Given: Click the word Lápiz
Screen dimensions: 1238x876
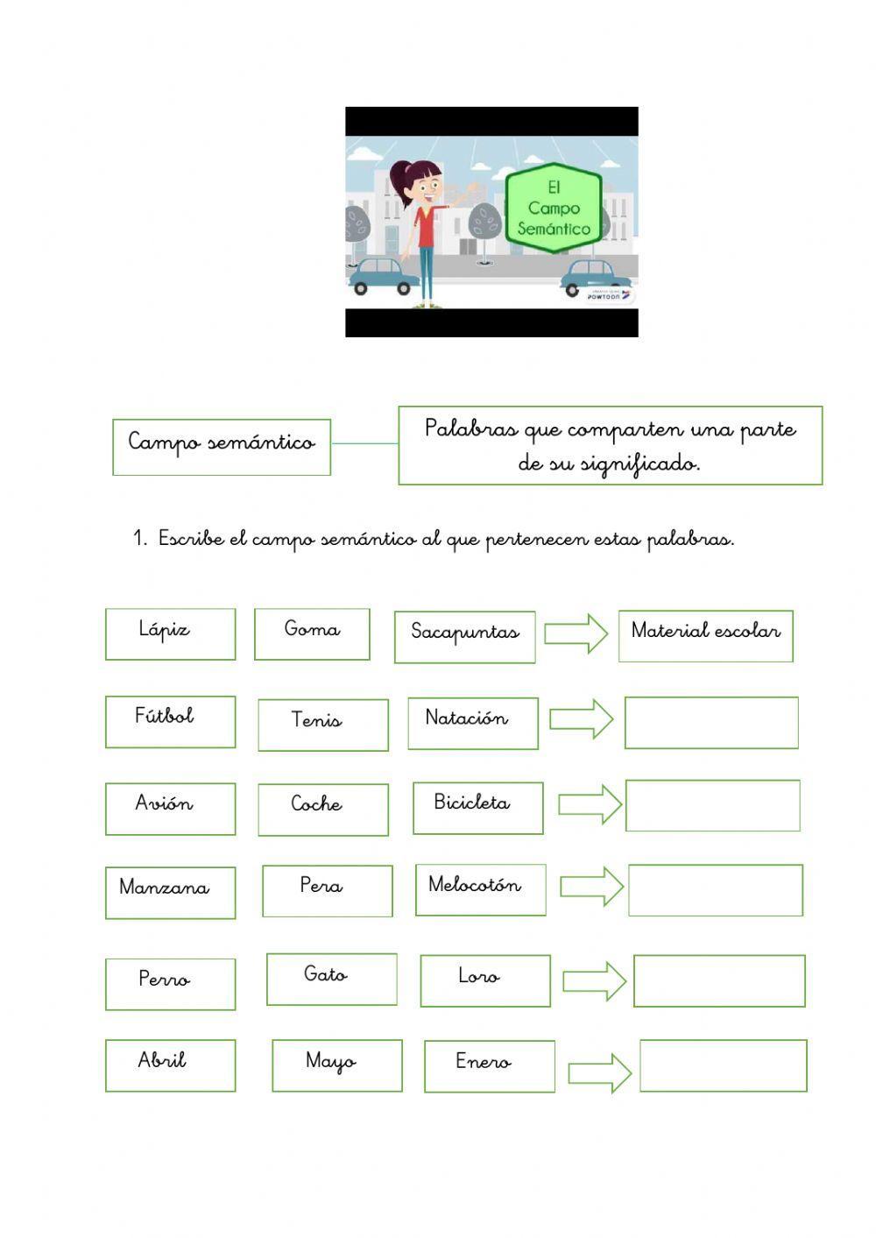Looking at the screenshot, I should tap(164, 629).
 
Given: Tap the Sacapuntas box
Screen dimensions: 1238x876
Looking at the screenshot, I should tap(464, 636).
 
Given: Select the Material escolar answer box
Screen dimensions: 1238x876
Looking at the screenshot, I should tap(705, 635).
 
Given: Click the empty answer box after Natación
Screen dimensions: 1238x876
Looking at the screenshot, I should tap(710, 722).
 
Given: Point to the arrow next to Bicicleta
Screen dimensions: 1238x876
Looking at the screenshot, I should tap(590, 804).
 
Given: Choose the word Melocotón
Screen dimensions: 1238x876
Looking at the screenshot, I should tap(474, 885).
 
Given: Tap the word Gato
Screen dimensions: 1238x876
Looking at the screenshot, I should tap(325, 974).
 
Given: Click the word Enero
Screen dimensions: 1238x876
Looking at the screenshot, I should tap(483, 1062).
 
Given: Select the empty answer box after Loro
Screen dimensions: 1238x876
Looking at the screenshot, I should tap(718, 980).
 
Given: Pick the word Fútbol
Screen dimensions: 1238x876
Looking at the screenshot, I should tap(164, 716).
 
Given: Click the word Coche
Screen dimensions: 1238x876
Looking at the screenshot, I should tap(316, 803).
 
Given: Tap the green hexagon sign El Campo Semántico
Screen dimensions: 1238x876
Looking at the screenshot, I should tap(554, 209).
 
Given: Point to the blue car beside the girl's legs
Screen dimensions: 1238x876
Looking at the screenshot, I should tap(384, 276).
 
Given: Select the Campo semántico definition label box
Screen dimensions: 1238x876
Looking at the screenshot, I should tap(222, 447).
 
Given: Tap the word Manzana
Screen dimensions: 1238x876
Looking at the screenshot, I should tap(164, 888).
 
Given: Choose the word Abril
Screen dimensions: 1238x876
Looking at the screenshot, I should tap(162, 1060).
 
